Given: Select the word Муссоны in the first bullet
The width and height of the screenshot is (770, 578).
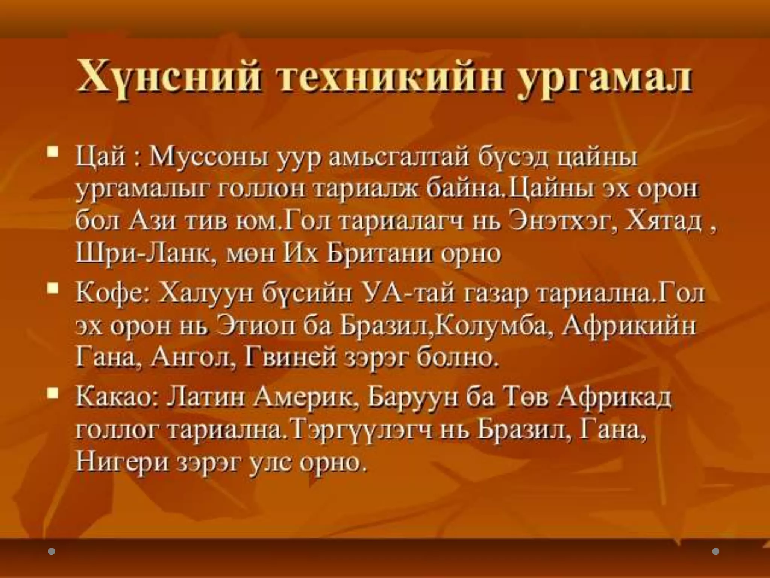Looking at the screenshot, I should point(209,157).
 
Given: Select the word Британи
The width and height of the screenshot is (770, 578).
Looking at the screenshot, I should point(380,253).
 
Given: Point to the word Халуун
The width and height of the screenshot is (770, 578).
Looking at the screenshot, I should point(205,293).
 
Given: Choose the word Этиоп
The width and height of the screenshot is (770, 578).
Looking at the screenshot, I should point(256,326).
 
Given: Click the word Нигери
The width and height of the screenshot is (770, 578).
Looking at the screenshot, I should point(123,462).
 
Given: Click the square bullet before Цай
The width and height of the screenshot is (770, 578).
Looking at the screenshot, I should point(53,152).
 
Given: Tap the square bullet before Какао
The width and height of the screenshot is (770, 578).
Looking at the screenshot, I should point(53,393).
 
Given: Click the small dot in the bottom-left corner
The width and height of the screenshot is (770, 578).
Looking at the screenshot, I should point(52,551).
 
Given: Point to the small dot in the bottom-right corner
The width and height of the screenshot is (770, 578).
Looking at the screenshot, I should point(716,551).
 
